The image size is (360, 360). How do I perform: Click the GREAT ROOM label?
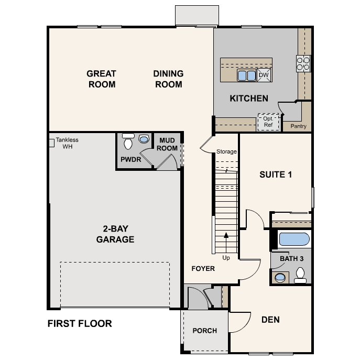101,79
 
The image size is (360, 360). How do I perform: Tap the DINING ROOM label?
168,79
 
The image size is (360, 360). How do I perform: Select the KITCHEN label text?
249,98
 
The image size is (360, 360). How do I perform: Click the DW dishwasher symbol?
264,75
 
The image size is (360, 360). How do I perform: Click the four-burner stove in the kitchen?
303,63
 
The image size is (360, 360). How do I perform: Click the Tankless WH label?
67,143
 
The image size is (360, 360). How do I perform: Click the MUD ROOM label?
168,144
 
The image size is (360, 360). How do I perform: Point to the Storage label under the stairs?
226,152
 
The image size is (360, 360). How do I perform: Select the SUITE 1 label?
276,174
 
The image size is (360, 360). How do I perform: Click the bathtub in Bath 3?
294,239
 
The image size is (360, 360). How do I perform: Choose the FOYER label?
203,268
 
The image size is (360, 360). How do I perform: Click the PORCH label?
204,331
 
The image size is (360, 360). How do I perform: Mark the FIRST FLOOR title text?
80,323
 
